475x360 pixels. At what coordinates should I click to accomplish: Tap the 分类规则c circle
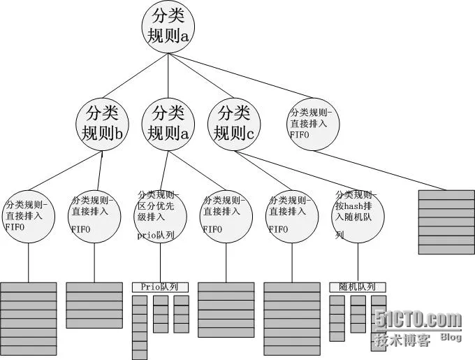click(x=234, y=123)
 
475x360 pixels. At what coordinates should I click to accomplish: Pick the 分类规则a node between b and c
click(x=168, y=123)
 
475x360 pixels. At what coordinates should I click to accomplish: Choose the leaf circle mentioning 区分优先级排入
click(x=159, y=216)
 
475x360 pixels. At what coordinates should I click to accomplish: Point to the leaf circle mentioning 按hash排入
click(x=356, y=216)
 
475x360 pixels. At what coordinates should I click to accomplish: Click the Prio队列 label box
click(x=160, y=287)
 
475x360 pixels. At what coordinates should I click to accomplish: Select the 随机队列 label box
click(x=357, y=287)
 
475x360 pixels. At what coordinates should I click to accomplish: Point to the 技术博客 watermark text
click(x=401, y=340)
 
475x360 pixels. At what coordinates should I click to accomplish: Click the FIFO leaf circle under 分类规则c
click(x=291, y=216)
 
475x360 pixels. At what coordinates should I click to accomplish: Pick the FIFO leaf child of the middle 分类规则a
click(x=225, y=216)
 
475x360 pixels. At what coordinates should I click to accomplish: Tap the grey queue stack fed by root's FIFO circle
click(x=446, y=221)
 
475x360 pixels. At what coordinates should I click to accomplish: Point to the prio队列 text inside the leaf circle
click(x=155, y=236)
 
